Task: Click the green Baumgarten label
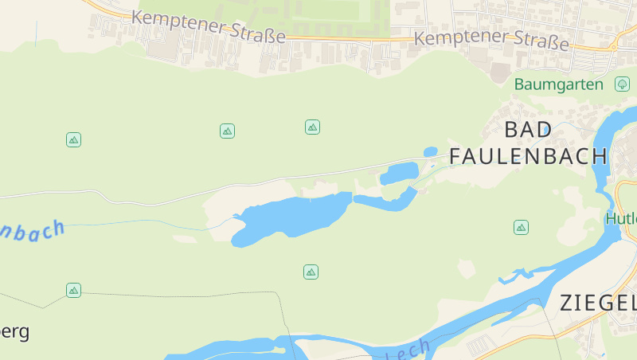coord(558,84)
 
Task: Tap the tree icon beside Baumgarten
coord(621,84)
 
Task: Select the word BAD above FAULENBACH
coord(528,129)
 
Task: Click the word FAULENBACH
coord(528,155)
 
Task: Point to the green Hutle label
coord(621,217)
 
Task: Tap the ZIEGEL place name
coord(598,303)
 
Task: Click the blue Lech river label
coord(410,350)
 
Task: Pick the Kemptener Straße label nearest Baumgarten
coord(491,39)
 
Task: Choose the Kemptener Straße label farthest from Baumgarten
coord(209,27)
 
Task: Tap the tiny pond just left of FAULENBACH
coord(431,151)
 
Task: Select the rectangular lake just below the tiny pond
coord(401,171)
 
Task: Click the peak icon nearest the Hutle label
coord(521,228)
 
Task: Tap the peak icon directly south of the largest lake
coord(311,272)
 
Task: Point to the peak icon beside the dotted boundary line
coord(74,290)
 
